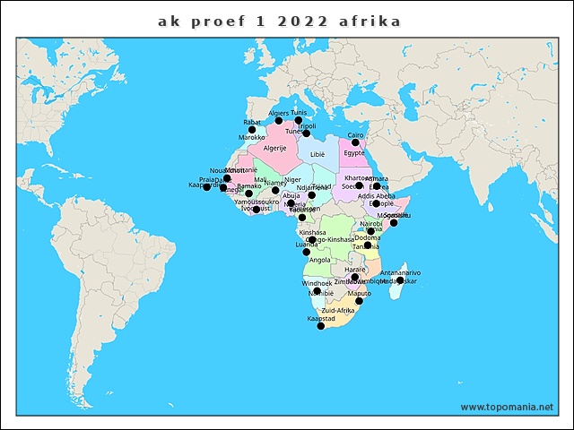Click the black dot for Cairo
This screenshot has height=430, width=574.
pyautogui.click(x=355, y=142)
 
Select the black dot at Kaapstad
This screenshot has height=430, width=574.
pyautogui.click(x=320, y=326)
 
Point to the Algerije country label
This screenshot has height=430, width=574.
pyautogui.click(x=274, y=148)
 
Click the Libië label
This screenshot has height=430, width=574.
pyautogui.click(x=317, y=154)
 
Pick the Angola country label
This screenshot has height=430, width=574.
pyautogui.click(x=319, y=260)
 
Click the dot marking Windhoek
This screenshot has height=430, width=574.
pyautogui.click(x=317, y=291)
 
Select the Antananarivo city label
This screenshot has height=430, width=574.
pyautogui.click(x=400, y=272)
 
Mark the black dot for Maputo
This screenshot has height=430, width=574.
pyautogui.click(x=359, y=301)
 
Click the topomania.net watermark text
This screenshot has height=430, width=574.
pyautogui.click(x=507, y=407)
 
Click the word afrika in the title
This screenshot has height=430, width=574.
pyautogui.click(x=370, y=20)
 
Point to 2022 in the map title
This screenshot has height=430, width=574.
pyautogui.click(x=297, y=20)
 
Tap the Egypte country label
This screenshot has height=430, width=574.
pyautogui.click(x=354, y=153)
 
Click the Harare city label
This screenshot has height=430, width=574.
pyautogui.click(x=355, y=270)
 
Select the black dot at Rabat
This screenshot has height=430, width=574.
pyautogui.click(x=252, y=130)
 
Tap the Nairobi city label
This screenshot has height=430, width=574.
pyautogui.click(x=370, y=223)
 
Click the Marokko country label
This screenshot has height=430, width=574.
pyautogui.click(x=252, y=138)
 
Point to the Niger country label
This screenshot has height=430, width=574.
pyautogui.click(x=293, y=179)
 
